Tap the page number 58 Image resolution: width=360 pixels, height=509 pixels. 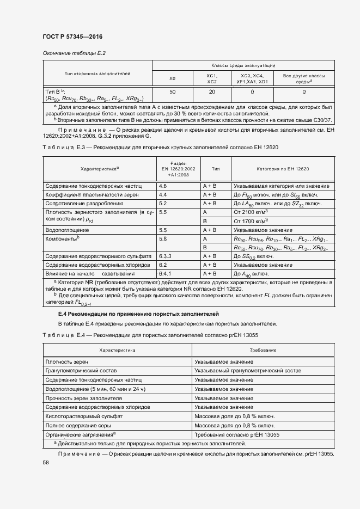(x=46, y=463)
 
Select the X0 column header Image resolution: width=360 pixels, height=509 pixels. (x=172, y=79)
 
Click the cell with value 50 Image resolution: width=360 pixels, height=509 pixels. (x=172, y=92)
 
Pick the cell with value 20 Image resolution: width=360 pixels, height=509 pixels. (x=212, y=92)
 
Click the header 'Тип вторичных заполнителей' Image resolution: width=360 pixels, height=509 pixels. (x=97, y=72)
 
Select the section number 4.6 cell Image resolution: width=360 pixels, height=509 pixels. (x=162, y=186)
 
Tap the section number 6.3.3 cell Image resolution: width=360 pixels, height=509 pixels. (x=164, y=255)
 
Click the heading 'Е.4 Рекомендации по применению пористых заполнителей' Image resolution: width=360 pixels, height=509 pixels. (x=138, y=314)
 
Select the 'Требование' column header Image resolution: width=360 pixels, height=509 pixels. (x=263, y=350)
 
